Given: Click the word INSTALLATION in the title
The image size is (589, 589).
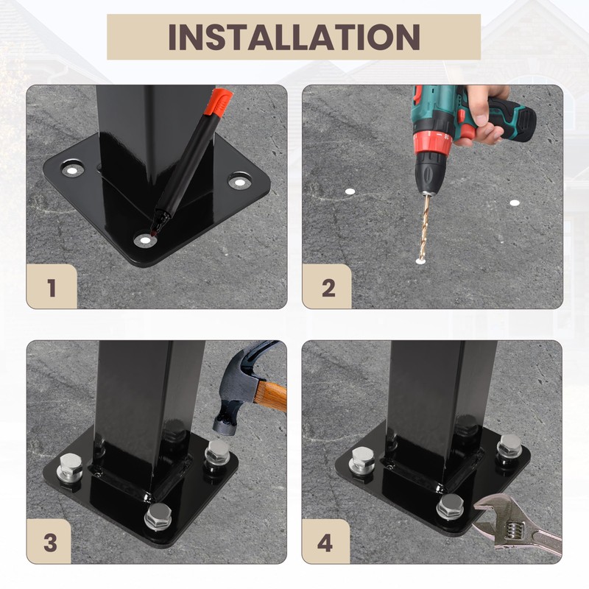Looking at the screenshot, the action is pyautogui.click(x=294, y=37).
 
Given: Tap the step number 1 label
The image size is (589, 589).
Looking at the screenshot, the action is pyautogui.click(x=52, y=288).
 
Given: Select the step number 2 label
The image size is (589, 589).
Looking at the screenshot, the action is pyautogui.click(x=328, y=288).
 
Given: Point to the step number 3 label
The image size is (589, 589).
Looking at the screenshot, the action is pyautogui.click(x=50, y=543).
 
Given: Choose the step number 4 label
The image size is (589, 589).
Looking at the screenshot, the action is pyautogui.click(x=325, y=543).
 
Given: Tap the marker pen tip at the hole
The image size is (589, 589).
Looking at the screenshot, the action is pyautogui.click(x=153, y=233).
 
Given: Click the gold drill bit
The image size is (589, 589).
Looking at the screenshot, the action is pyautogui.click(x=425, y=226).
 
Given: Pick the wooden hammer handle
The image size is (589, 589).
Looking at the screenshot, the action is pyautogui.click(x=271, y=396).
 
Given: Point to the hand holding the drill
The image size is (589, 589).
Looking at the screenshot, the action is pyautogui.click(x=484, y=115).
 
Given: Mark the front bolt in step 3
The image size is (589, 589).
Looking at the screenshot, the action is pyautogui.click(x=158, y=516).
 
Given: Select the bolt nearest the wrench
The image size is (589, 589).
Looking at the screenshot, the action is pyautogui.click(x=450, y=507).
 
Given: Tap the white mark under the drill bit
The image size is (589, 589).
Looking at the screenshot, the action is pyautogui.click(x=420, y=260).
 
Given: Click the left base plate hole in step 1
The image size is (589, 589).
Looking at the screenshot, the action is pyautogui.click(x=72, y=170).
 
